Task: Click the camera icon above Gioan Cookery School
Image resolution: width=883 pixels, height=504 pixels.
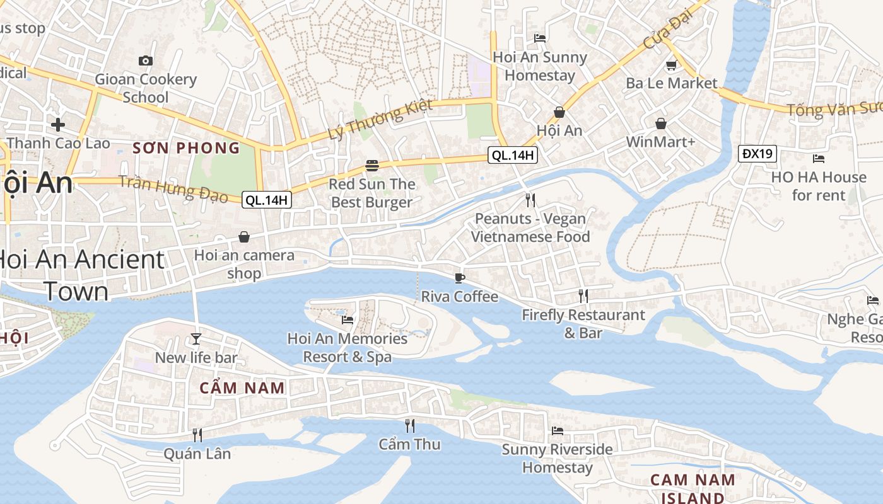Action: (x=146, y=60)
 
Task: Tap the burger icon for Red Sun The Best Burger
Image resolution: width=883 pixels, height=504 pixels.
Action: (x=372, y=166)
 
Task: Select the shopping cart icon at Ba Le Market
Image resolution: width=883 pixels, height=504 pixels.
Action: (x=671, y=65)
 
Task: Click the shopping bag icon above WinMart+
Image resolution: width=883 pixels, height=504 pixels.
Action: (x=660, y=123)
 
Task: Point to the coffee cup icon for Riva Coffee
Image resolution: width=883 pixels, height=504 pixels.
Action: (x=460, y=278)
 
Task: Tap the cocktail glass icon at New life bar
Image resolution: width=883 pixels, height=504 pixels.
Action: (x=196, y=339)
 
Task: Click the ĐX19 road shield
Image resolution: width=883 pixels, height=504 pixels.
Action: (x=757, y=153)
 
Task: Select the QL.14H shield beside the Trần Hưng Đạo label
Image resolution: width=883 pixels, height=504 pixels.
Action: (x=267, y=200)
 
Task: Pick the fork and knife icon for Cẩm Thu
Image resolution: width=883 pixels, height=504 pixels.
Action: (x=409, y=426)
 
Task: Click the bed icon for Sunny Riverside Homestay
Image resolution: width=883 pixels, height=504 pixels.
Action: (x=558, y=431)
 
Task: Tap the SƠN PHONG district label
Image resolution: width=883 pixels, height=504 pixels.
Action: (x=186, y=148)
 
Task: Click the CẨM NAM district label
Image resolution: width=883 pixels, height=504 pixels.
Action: (x=242, y=387)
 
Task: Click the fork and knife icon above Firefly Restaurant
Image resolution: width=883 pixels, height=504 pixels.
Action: (x=583, y=296)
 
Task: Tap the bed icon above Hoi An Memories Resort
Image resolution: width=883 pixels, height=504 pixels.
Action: (x=348, y=320)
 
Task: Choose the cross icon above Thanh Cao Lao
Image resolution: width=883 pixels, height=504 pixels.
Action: (x=58, y=124)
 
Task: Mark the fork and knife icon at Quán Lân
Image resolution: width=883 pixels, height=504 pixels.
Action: (x=197, y=435)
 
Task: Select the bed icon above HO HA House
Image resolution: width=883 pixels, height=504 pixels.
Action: (x=819, y=159)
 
